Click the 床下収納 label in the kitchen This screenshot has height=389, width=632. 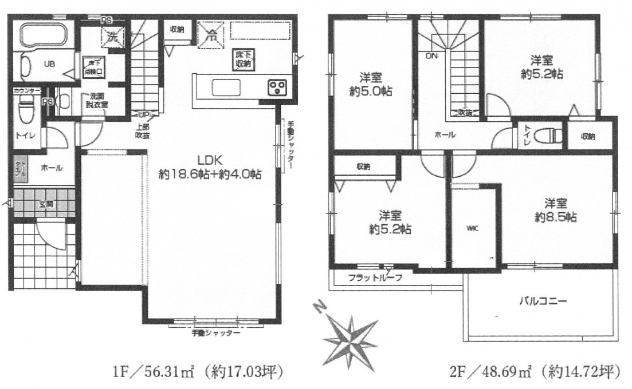click(242, 59)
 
